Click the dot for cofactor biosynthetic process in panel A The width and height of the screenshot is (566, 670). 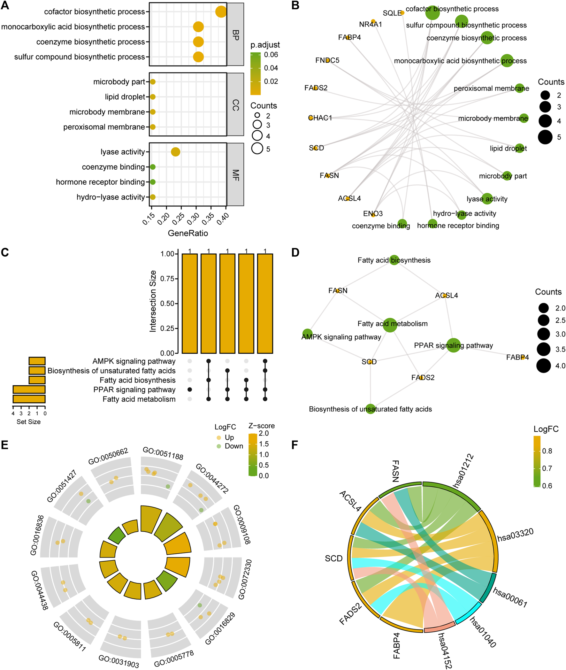221,12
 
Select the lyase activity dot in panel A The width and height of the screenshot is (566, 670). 175,152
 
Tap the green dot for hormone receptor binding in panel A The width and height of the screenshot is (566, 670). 153,182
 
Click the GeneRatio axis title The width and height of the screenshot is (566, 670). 188,233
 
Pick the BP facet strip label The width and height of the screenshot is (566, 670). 235,35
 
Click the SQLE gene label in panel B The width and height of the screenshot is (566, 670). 392,13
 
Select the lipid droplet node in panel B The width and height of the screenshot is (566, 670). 519,148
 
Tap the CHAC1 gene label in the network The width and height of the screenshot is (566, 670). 320,118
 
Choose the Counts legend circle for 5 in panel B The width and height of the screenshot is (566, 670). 545,137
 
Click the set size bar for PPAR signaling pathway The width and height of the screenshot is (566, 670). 29,389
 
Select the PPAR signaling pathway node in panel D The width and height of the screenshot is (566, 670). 453,345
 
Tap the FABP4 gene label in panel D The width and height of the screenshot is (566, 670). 517,358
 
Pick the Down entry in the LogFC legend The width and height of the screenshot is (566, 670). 233,446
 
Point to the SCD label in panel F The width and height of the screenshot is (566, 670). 334,559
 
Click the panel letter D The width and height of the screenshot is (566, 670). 295,252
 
